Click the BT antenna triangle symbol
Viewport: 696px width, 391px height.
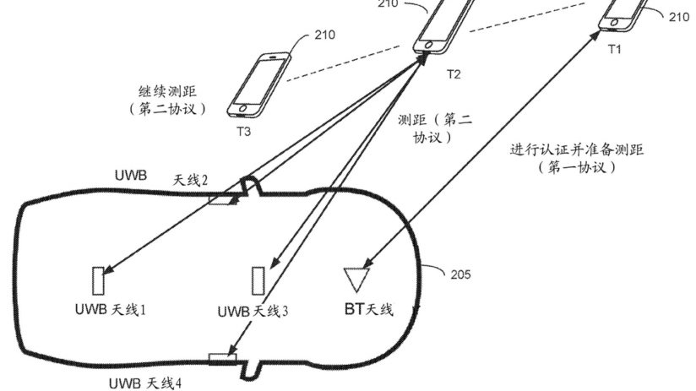point(356,280)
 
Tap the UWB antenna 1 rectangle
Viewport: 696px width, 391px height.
point(98,280)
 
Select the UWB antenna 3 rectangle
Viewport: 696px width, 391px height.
point(258,280)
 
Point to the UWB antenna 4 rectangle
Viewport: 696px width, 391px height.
point(222,358)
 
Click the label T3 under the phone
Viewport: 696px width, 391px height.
point(243,132)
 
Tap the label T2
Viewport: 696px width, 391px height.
point(454,74)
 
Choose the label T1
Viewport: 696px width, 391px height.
point(614,49)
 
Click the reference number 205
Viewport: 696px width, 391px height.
point(460,274)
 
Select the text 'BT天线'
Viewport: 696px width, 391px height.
point(368,309)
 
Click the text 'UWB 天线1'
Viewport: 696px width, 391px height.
point(111,309)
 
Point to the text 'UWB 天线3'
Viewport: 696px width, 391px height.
point(253,311)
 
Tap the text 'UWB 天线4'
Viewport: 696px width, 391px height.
point(145,383)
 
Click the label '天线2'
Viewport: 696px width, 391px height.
point(190,180)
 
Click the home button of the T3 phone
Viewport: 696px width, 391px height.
point(242,108)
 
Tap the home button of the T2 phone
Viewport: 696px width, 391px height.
point(429,45)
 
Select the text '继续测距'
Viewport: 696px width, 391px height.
point(167,92)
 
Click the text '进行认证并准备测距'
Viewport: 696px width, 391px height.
point(577,149)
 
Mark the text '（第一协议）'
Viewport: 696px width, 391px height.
point(577,167)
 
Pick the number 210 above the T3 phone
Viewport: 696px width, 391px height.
point(325,35)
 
